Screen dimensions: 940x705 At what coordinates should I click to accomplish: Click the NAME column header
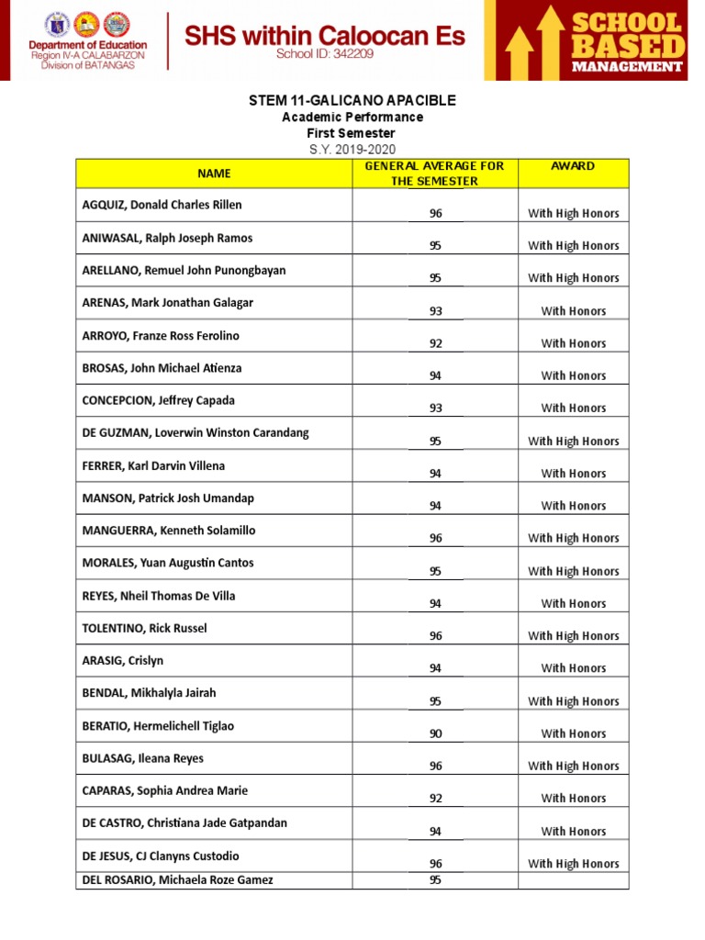214,173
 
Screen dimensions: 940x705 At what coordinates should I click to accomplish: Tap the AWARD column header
573,166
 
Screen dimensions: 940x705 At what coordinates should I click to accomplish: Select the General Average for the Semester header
435,173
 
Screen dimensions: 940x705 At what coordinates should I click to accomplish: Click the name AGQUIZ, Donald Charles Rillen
162,205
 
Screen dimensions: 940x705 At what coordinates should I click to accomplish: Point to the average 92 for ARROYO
436,343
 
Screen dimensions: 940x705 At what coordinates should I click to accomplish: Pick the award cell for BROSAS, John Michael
573,375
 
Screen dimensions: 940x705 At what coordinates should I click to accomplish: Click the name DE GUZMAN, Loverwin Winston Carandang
196,432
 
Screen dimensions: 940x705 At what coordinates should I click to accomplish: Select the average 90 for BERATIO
436,733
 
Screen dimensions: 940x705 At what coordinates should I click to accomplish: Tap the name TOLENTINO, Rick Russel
145,628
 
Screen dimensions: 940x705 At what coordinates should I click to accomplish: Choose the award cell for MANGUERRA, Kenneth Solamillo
573,538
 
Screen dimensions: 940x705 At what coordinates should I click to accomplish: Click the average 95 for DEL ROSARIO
436,879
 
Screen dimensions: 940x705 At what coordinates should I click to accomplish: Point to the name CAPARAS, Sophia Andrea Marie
165,790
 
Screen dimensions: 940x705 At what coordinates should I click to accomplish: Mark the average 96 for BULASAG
436,766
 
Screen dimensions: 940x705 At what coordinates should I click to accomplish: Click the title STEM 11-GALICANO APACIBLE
352,100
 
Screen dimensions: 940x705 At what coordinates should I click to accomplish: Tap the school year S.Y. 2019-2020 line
352,150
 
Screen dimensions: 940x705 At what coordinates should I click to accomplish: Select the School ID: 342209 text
325,55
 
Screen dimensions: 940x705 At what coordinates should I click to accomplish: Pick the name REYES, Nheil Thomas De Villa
159,596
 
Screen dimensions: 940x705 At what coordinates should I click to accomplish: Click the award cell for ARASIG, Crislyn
573,668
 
